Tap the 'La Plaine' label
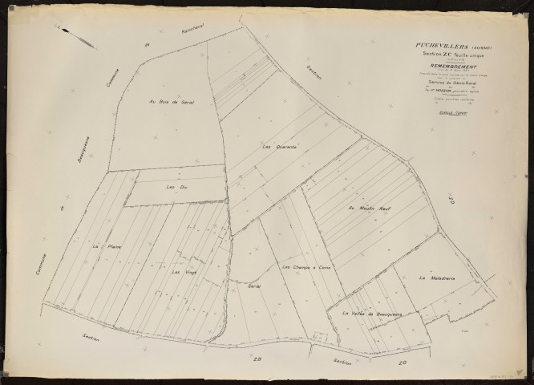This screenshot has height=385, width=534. pos(101,245)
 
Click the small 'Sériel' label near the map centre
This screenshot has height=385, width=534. pos(255,286)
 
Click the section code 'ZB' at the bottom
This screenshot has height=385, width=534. pos(257,359)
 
